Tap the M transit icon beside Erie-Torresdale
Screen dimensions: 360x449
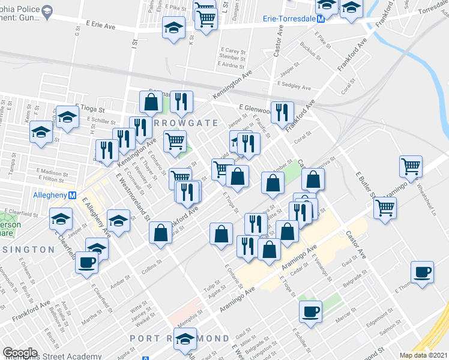321,19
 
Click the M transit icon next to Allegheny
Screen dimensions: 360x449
72,196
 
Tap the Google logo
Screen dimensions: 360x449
20,352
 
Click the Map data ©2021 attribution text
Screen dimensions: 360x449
423,355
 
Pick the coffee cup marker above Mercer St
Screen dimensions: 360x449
310,311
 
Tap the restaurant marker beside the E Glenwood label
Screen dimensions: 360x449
282,112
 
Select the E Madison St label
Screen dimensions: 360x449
52,172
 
